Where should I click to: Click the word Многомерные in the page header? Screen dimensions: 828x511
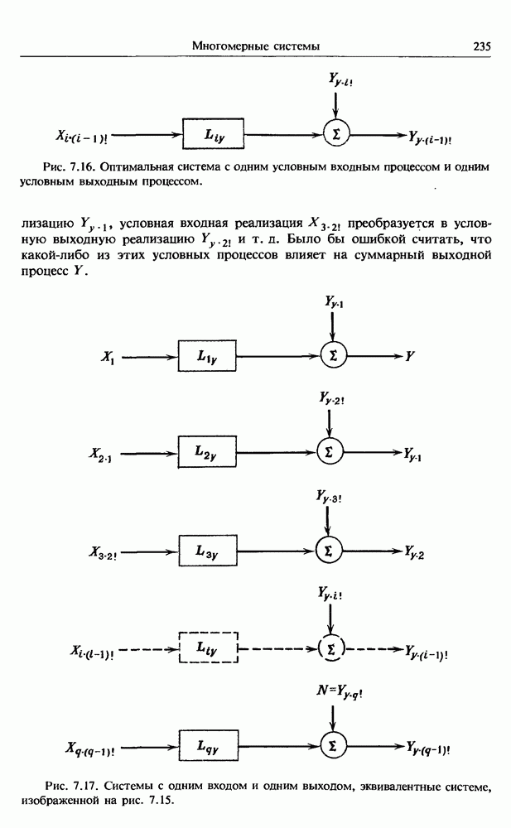click(x=227, y=46)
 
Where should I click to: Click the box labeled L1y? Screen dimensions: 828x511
click(x=207, y=357)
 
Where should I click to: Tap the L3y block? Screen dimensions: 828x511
click(x=207, y=550)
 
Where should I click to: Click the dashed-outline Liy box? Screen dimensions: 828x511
click(x=208, y=647)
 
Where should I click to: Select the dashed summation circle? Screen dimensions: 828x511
click(x=331, y=647)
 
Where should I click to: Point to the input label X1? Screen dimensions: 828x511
click(x=107, y=358)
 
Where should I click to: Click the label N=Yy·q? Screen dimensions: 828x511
click(x=333, y=689)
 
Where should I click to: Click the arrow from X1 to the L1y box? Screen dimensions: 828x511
click(x=149, y=357)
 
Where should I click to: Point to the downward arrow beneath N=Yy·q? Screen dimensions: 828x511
click(x=332, y=714)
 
